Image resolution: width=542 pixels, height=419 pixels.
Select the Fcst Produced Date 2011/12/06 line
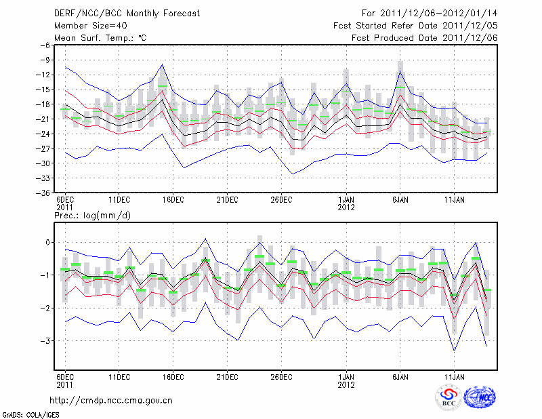click(424, 37)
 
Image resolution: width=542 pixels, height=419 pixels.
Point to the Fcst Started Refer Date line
click(415, 25)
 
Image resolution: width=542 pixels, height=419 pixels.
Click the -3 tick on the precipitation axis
click(45, 340)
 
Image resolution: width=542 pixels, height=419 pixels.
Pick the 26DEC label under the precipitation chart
click(281, 375)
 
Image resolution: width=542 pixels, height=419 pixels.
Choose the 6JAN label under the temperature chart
click(400, 201)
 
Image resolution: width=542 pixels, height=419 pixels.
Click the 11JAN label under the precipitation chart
click(455, 375)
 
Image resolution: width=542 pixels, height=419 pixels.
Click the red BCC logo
click(449, 397)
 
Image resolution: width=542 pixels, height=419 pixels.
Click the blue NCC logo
click(480, 397)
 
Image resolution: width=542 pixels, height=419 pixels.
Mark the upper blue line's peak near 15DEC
click(163, 64)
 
